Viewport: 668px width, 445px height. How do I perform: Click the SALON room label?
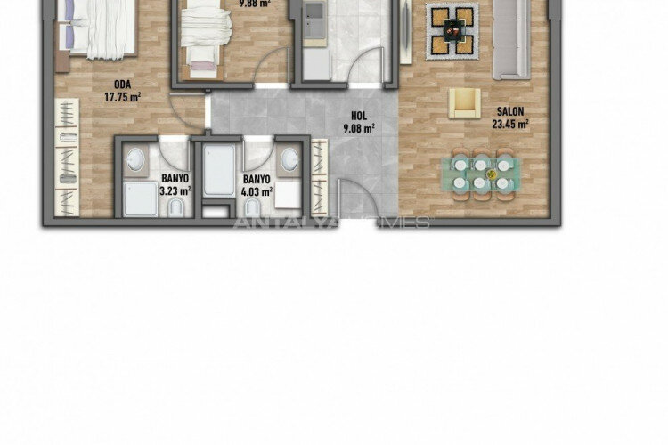coord(509,112)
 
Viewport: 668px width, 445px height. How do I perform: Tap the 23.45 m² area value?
coord(509,125)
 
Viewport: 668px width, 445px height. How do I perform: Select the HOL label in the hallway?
coord(359,115)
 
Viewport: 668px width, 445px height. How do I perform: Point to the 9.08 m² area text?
coord(359,127)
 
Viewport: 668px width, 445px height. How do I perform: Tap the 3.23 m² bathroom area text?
coord(175,190)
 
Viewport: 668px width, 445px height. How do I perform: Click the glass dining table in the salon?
coord(482,173)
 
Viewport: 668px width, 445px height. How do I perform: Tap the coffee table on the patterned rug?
coord(452,29)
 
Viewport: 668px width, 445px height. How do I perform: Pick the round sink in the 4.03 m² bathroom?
coord(289,160)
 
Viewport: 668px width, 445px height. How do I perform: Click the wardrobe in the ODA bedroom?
coord(68,156)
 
